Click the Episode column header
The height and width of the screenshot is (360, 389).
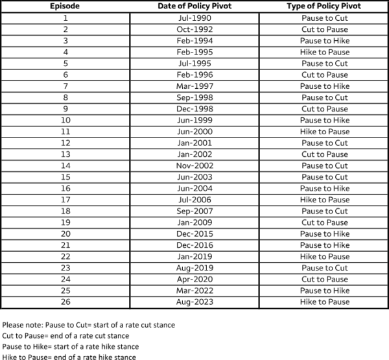65,6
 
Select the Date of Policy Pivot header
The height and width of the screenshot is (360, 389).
194,6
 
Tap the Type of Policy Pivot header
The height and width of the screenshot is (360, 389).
324,6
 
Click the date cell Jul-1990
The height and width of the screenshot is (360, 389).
194,18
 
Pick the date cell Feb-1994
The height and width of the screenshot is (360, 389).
194,41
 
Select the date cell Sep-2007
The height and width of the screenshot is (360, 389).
194,211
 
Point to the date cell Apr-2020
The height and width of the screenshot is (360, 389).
194,279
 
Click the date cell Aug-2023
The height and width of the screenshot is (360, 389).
194,302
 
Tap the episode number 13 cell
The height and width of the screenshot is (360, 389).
65,154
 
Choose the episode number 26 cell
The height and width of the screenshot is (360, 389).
65,302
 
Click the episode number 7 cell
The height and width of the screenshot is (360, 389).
65,86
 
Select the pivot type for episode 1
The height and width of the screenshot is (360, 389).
324,18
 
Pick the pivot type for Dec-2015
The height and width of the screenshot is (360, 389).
324,234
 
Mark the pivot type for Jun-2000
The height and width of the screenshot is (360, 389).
324,132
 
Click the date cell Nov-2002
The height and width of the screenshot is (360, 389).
194,165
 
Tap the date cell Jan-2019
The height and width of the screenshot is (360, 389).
194,256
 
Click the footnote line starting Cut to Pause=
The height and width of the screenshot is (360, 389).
65,335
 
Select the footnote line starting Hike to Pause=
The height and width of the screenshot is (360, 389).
69,357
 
